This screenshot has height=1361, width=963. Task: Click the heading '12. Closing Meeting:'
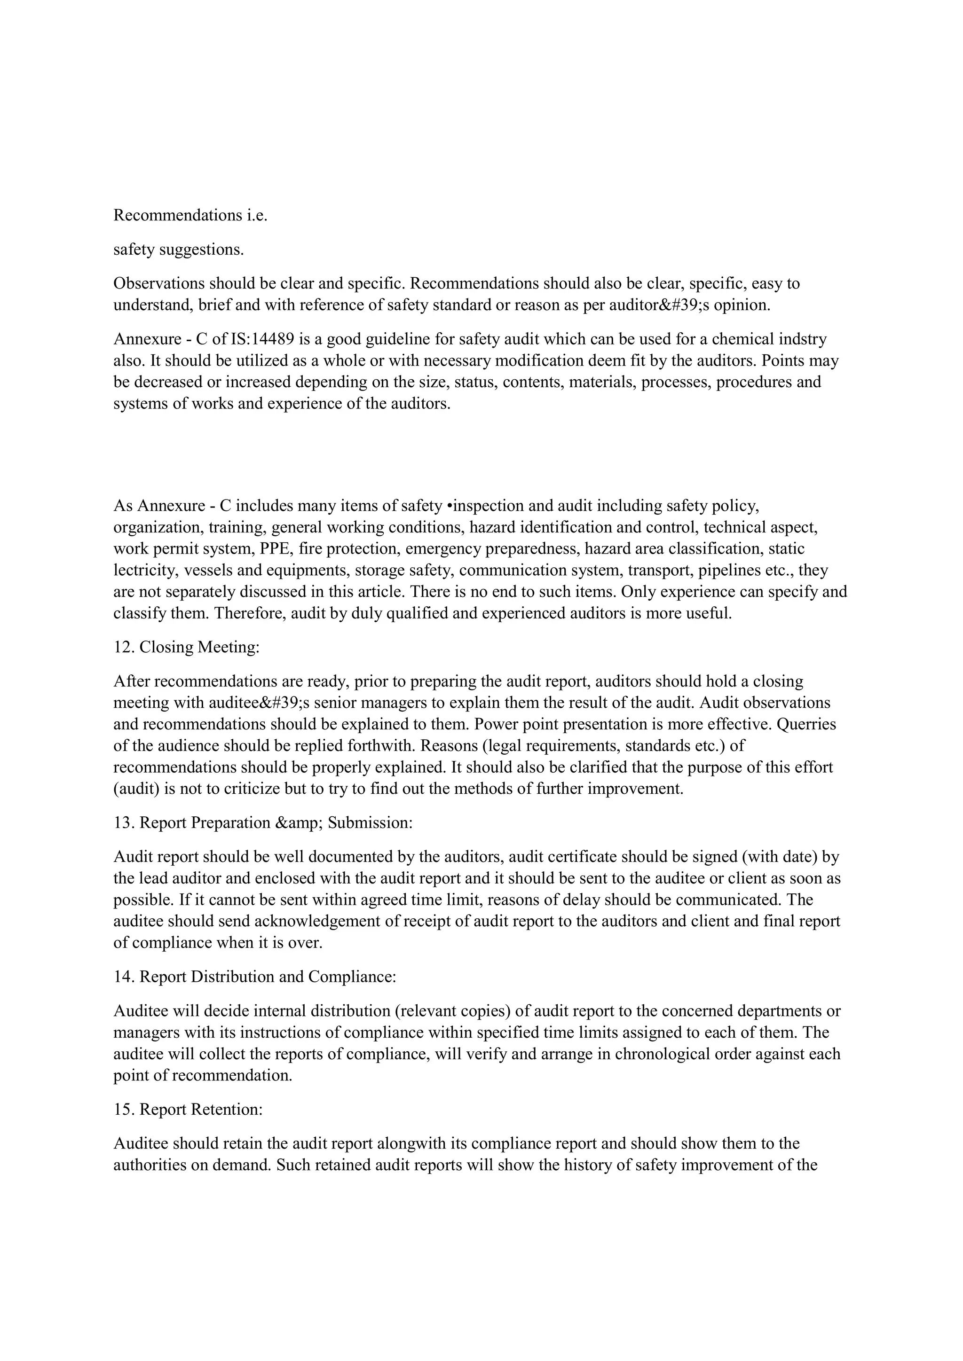(186, 647)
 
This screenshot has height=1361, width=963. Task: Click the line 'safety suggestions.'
(179, 250)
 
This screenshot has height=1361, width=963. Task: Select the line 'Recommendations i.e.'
(190, 215)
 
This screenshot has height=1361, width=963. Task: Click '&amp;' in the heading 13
(300, 823)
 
